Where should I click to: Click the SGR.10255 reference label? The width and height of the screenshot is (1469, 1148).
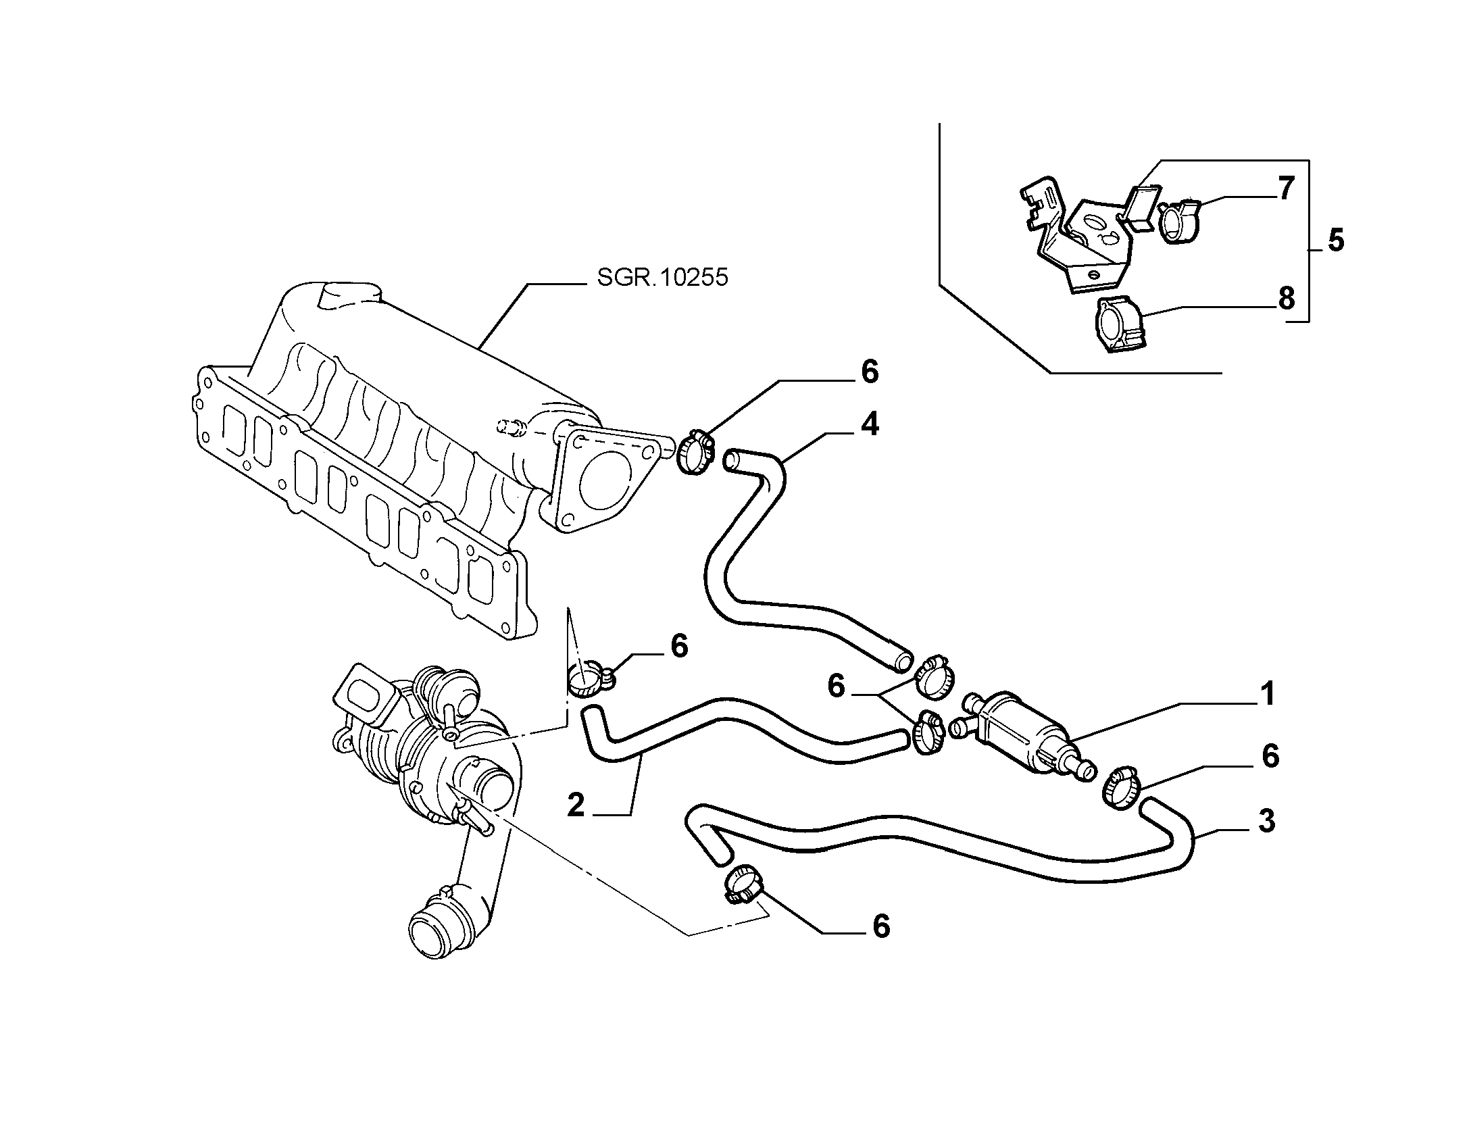pos(662,277)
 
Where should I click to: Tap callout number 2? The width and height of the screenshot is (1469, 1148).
pos(576,805)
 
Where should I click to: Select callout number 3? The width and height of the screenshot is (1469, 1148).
pos(1266,820)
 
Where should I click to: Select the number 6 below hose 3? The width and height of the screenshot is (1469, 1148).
pos(881,926)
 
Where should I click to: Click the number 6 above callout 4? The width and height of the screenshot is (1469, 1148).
pos(869,372)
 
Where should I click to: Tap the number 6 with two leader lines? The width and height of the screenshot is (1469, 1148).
pos(837,687)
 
